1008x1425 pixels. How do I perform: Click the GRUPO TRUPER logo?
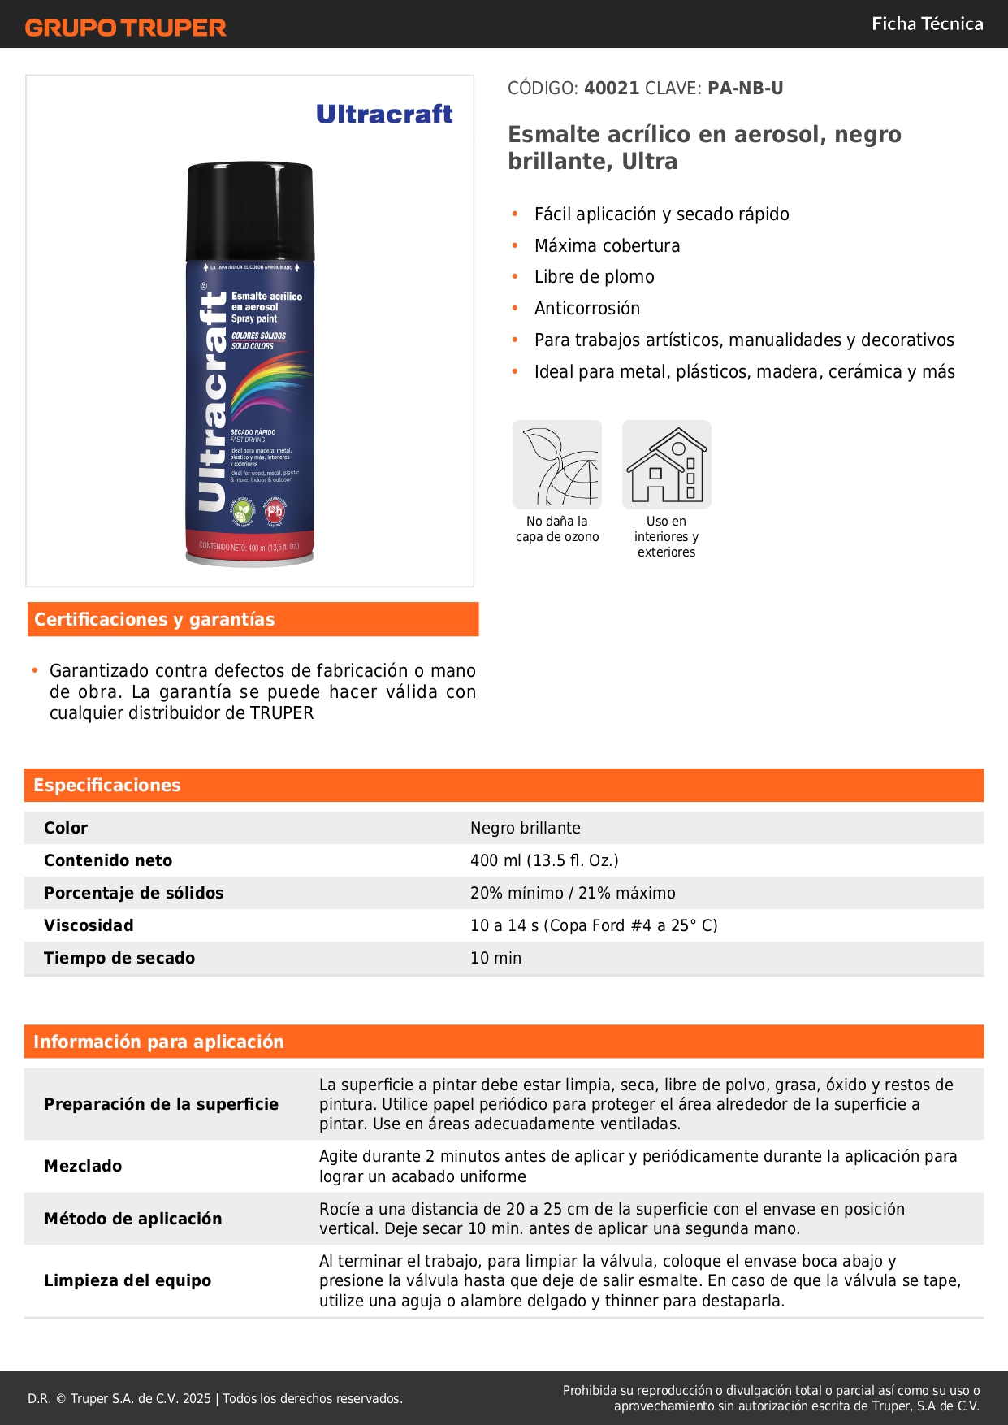click(x=125, y=28)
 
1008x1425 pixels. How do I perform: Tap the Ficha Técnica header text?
click(x=927, y=24)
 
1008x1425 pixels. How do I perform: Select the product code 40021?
click(x=612, y=89)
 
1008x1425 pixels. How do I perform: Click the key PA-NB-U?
click(x=745, y=89)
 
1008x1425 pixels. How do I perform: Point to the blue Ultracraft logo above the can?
click(x=384, y=115)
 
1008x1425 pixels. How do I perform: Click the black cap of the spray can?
click(x=250, y=210)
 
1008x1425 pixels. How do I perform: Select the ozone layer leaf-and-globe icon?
click(x=557, y=465)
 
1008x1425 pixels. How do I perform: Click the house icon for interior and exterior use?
click(x=666, y=465)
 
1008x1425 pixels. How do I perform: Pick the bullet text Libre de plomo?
click(x=594, y=277)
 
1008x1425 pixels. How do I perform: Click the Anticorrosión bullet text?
click(x=587, y=309)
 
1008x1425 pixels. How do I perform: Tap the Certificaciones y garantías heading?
click(x=154, y=620)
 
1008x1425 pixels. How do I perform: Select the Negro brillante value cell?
click(x=526, y=828)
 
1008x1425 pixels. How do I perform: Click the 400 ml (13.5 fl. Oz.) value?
click(x=544, y=860)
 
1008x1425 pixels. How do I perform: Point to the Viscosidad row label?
click(x=89, y=925)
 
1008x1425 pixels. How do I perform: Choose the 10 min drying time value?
click(x=495, y=958)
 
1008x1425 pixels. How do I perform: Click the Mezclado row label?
click(x=83, y=1166)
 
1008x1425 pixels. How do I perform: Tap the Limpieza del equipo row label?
click(x=128, y=1280)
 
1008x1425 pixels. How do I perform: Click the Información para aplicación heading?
click(x=158, y=1042)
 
